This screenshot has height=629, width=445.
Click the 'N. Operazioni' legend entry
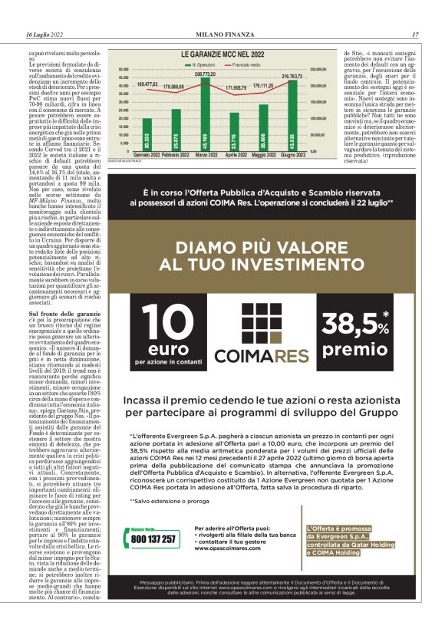[202, 66]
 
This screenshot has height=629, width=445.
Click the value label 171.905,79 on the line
[236, 88]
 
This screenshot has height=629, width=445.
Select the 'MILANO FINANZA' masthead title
[222, 35]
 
